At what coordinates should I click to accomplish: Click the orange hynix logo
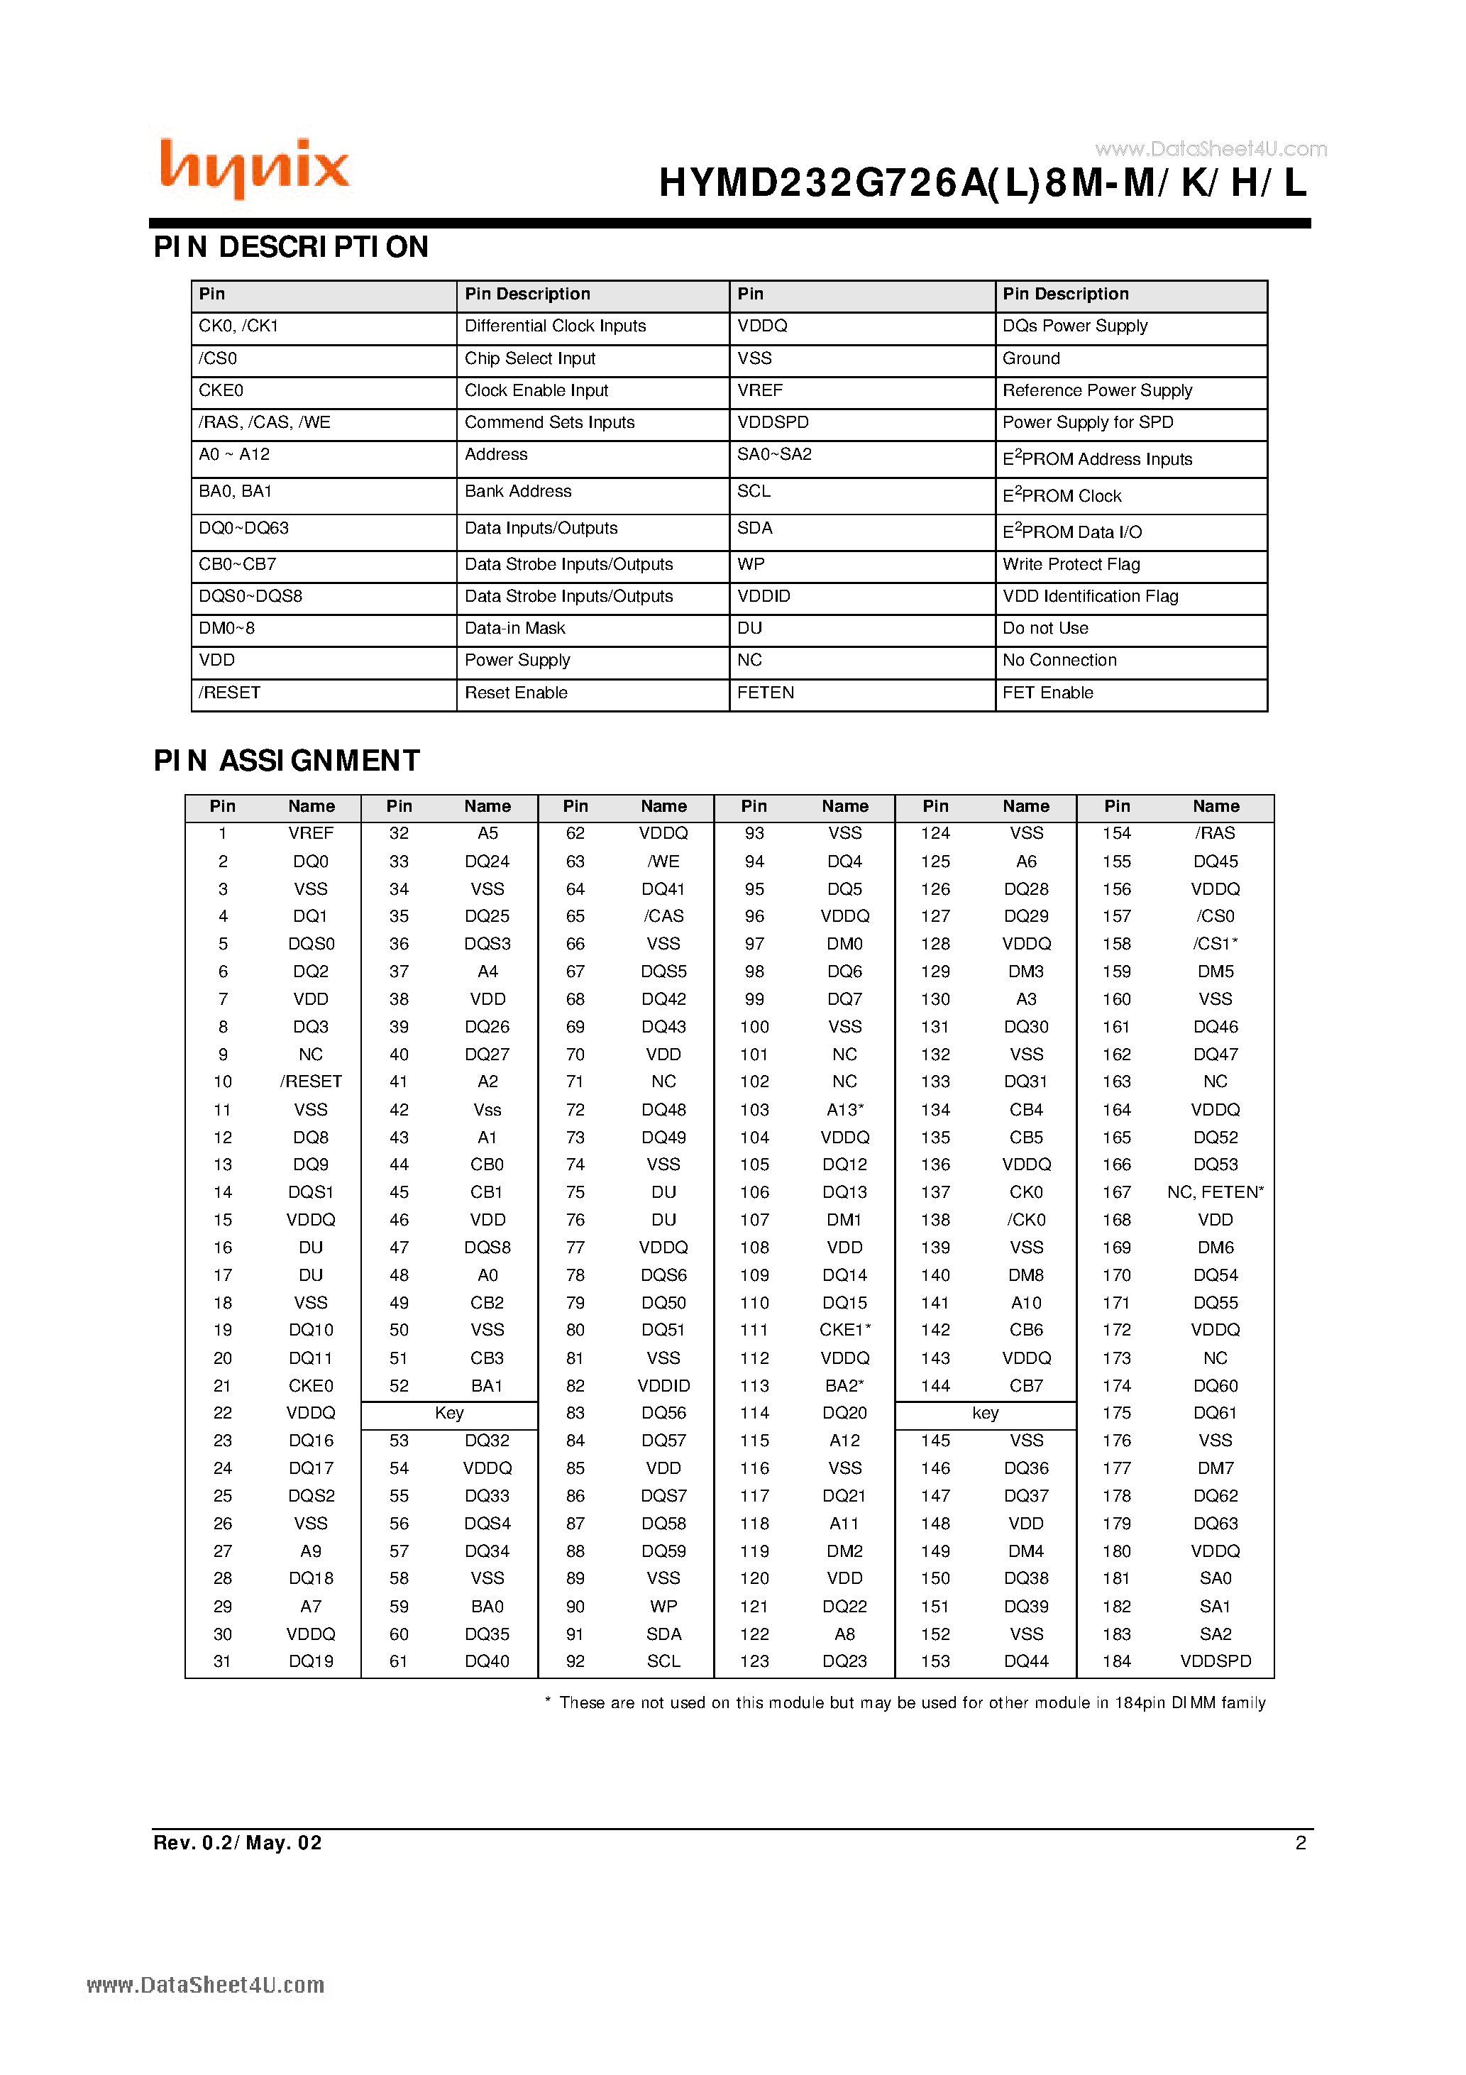(254, 168)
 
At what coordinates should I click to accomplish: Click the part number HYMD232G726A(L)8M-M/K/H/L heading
(983, 184)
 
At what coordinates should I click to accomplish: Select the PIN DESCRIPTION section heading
(291, 247)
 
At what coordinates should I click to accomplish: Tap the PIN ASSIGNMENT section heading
(287, 761)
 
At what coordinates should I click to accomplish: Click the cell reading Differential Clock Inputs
(555, 326)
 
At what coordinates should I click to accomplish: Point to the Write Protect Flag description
(1071, 565)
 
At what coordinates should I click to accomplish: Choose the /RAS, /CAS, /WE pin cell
(265, 422)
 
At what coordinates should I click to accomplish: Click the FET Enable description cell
(1047, 693)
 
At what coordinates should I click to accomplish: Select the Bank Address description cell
(518, 492)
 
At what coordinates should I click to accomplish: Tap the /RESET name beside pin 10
(311, 1081)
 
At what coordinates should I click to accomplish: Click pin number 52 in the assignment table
(399, 1385)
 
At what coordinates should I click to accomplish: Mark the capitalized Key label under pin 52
(449, 1414)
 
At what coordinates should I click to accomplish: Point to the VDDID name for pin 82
(663, 1385)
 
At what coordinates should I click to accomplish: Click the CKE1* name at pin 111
(845, 1331)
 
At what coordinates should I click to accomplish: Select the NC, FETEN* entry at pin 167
(1216, 1192)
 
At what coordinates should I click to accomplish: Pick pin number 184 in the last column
(1117, 1661)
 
